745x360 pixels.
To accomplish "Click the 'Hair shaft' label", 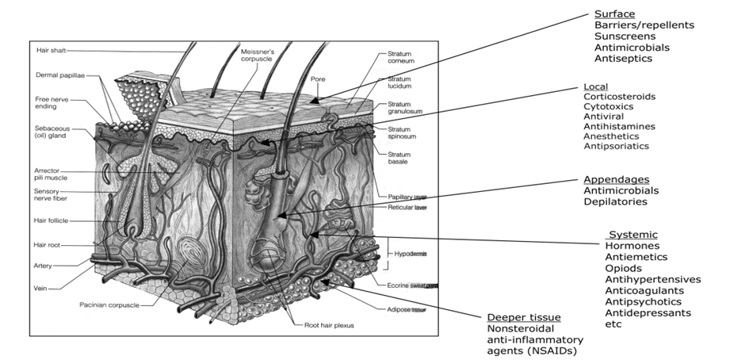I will (51, 50).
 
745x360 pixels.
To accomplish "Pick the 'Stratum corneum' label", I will (402, 55).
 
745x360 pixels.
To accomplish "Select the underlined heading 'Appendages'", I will (616, 179).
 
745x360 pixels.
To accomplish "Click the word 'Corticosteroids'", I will (619, 96).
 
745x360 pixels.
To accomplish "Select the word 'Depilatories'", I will (615, 201).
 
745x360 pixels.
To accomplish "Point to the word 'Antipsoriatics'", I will (616, 146).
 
